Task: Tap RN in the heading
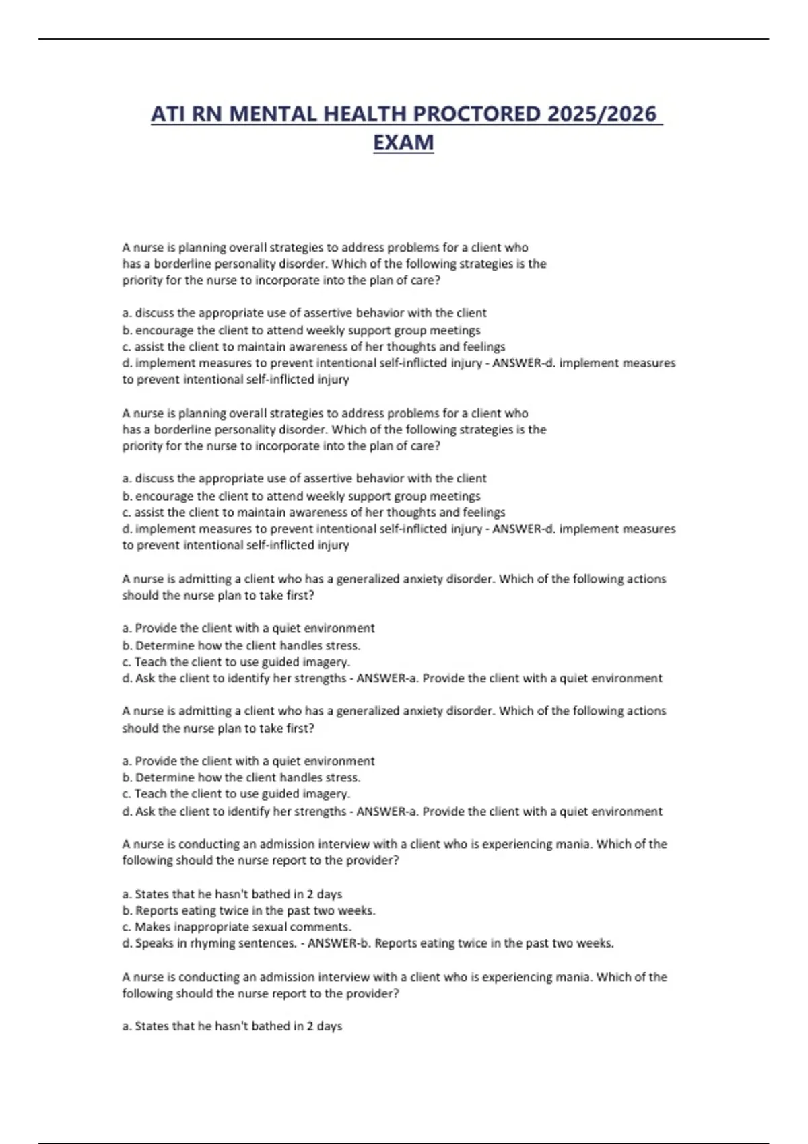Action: [x=207, y=114]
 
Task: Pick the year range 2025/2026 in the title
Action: [x=602, y=114]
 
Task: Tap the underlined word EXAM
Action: [x=403, y=143]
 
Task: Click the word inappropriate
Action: [x=207, y=927]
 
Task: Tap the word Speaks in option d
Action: [x=155, y=943]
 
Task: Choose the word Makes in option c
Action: [x=153, y=927]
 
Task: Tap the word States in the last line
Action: [x=151, y=1026]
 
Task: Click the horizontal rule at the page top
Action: [x=404, y=39]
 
